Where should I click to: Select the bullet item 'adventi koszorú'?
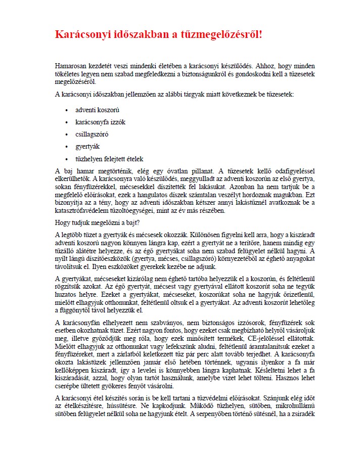click(x=97, y=110)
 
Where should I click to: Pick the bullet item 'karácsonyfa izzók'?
click(x=100, y=122)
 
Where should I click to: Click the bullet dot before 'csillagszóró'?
click(x=66, y=134)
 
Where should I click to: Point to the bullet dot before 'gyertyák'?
click(x=66, y=147)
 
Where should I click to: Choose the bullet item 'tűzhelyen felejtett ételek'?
click(x=109, y=159)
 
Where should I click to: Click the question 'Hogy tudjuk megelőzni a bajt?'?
click(x=94, y=222)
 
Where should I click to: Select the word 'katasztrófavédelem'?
click(x=82, y=210)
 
